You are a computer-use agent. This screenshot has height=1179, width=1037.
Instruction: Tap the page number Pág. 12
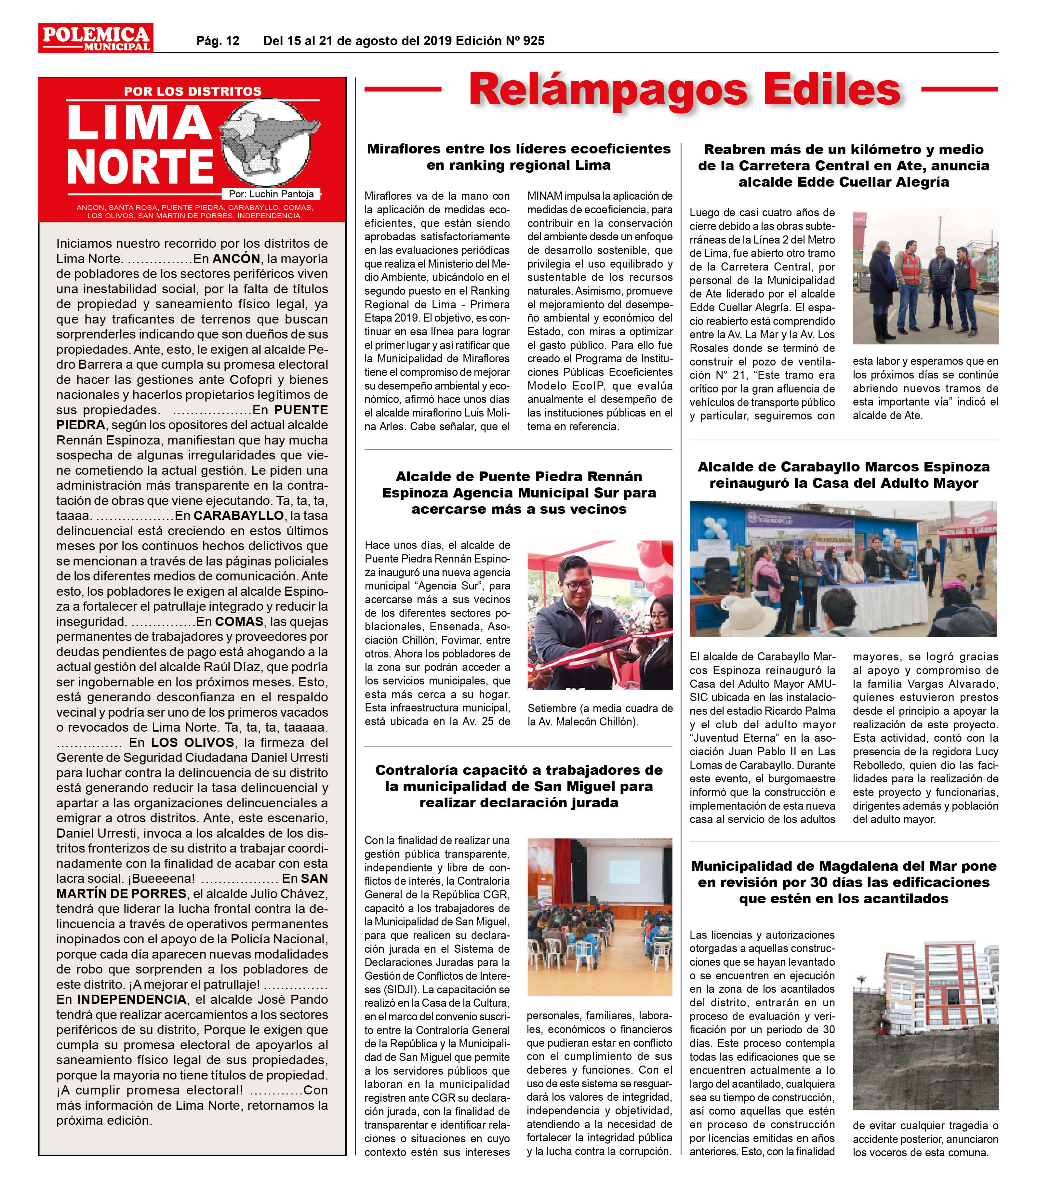[218, 41]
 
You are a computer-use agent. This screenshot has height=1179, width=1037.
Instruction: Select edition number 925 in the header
[534, 41]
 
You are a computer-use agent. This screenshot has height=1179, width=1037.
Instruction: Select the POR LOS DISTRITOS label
[193, 91]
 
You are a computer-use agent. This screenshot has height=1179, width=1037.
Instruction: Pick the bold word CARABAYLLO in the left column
[239, 516]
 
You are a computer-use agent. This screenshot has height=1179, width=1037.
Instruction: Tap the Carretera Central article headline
[843, 166]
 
